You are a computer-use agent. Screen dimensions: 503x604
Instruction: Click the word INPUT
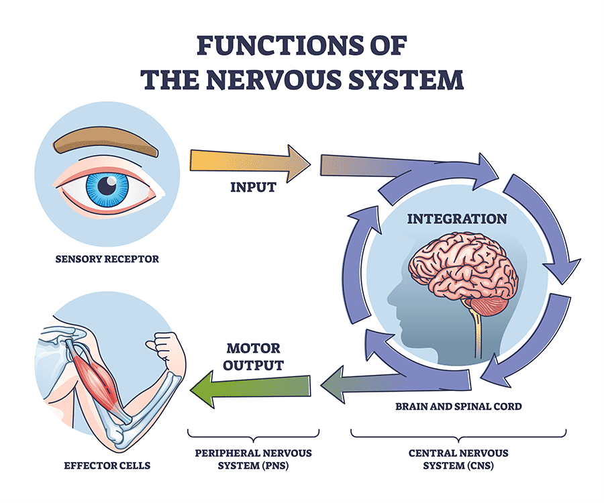coord(253,188)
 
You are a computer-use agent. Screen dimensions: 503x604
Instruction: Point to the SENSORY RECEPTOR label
coord(107,258)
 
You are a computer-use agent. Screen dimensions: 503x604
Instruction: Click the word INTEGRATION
coord(456,219)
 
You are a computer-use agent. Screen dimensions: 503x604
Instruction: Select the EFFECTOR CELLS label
coord(107,465)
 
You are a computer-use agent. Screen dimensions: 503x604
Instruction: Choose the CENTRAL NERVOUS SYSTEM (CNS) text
coord(458,459)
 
